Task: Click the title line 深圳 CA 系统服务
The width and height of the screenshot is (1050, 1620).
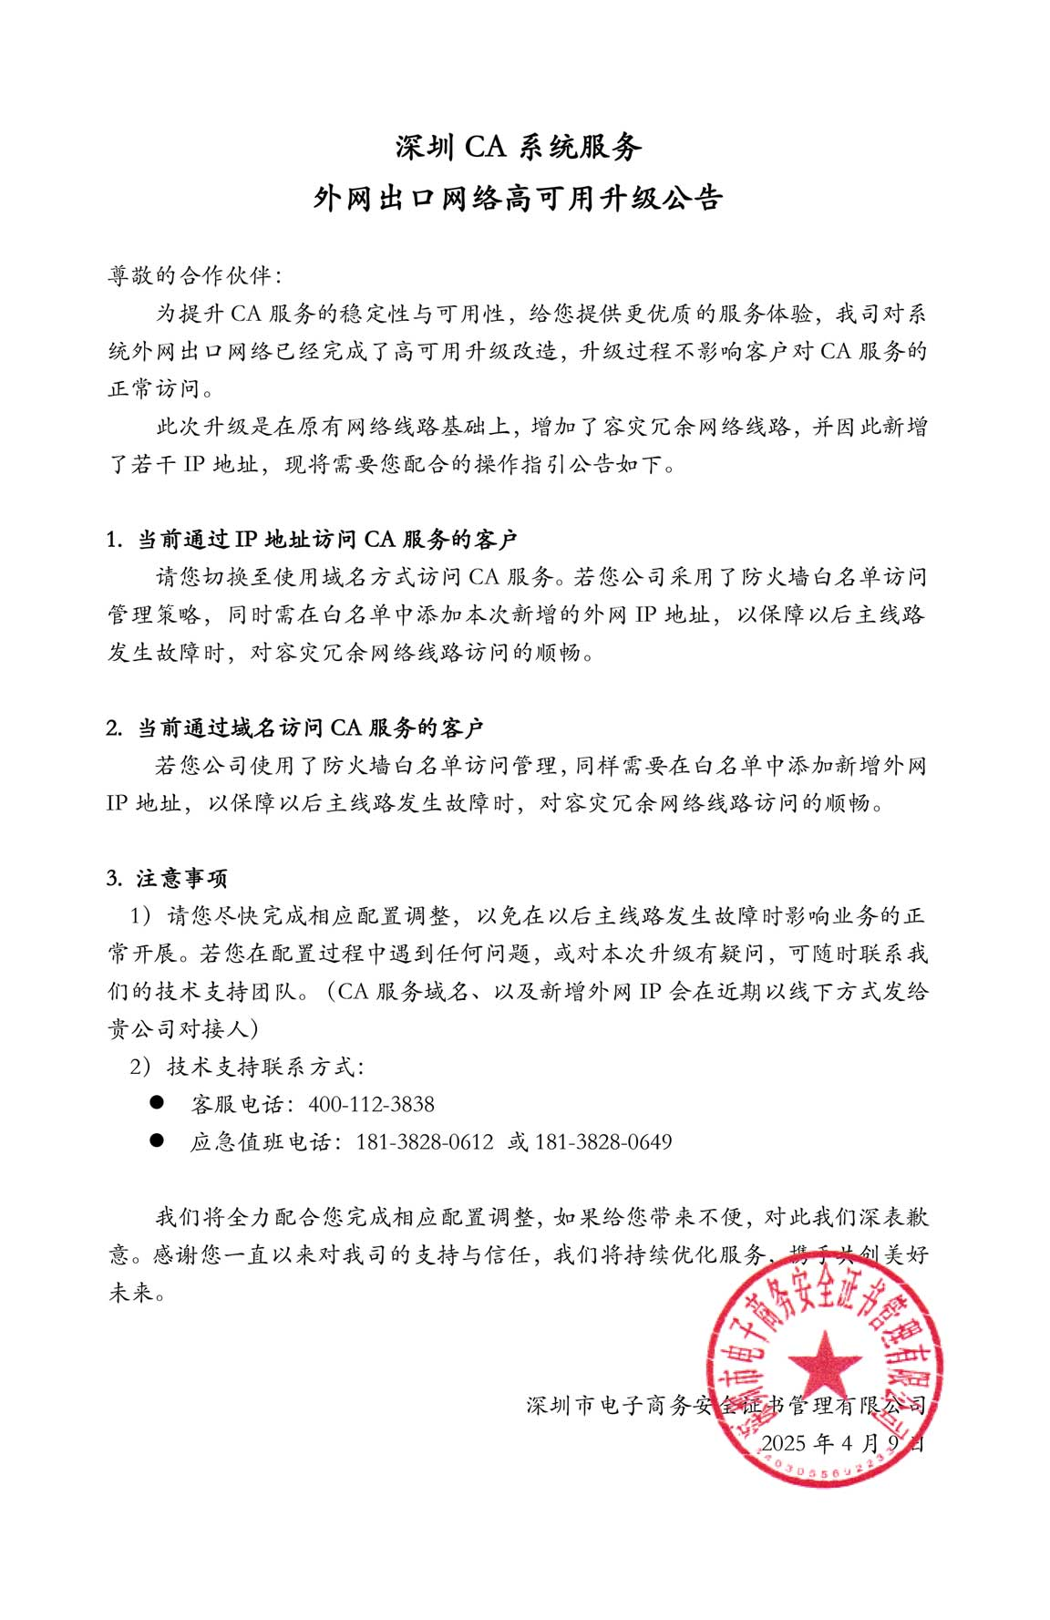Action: pos(519,147)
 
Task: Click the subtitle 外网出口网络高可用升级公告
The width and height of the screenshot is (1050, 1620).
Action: pos(519,198)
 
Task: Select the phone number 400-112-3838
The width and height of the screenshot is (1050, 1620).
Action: pos(371,1104)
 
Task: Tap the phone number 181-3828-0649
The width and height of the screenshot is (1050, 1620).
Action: pos(603,1141)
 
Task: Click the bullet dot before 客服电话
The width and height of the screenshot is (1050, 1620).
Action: pos(157,1102)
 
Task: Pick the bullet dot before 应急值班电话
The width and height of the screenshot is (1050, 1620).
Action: pos(157,1140)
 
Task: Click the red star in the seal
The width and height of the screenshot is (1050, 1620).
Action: pos(824,1364)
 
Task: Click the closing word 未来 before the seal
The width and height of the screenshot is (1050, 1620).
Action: pos(131,1293)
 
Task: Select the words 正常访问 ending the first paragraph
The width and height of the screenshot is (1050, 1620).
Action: pos(153,389)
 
